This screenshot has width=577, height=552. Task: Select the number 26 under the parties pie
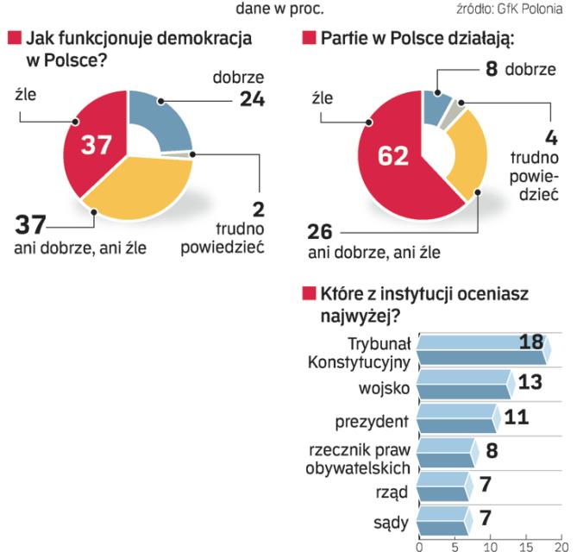tap(321, 233)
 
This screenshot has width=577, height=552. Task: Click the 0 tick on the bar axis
tap(420, 545)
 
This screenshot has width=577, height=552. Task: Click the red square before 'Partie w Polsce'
tap(308, 39)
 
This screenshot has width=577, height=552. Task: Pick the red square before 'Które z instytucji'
tap(308, 295)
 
